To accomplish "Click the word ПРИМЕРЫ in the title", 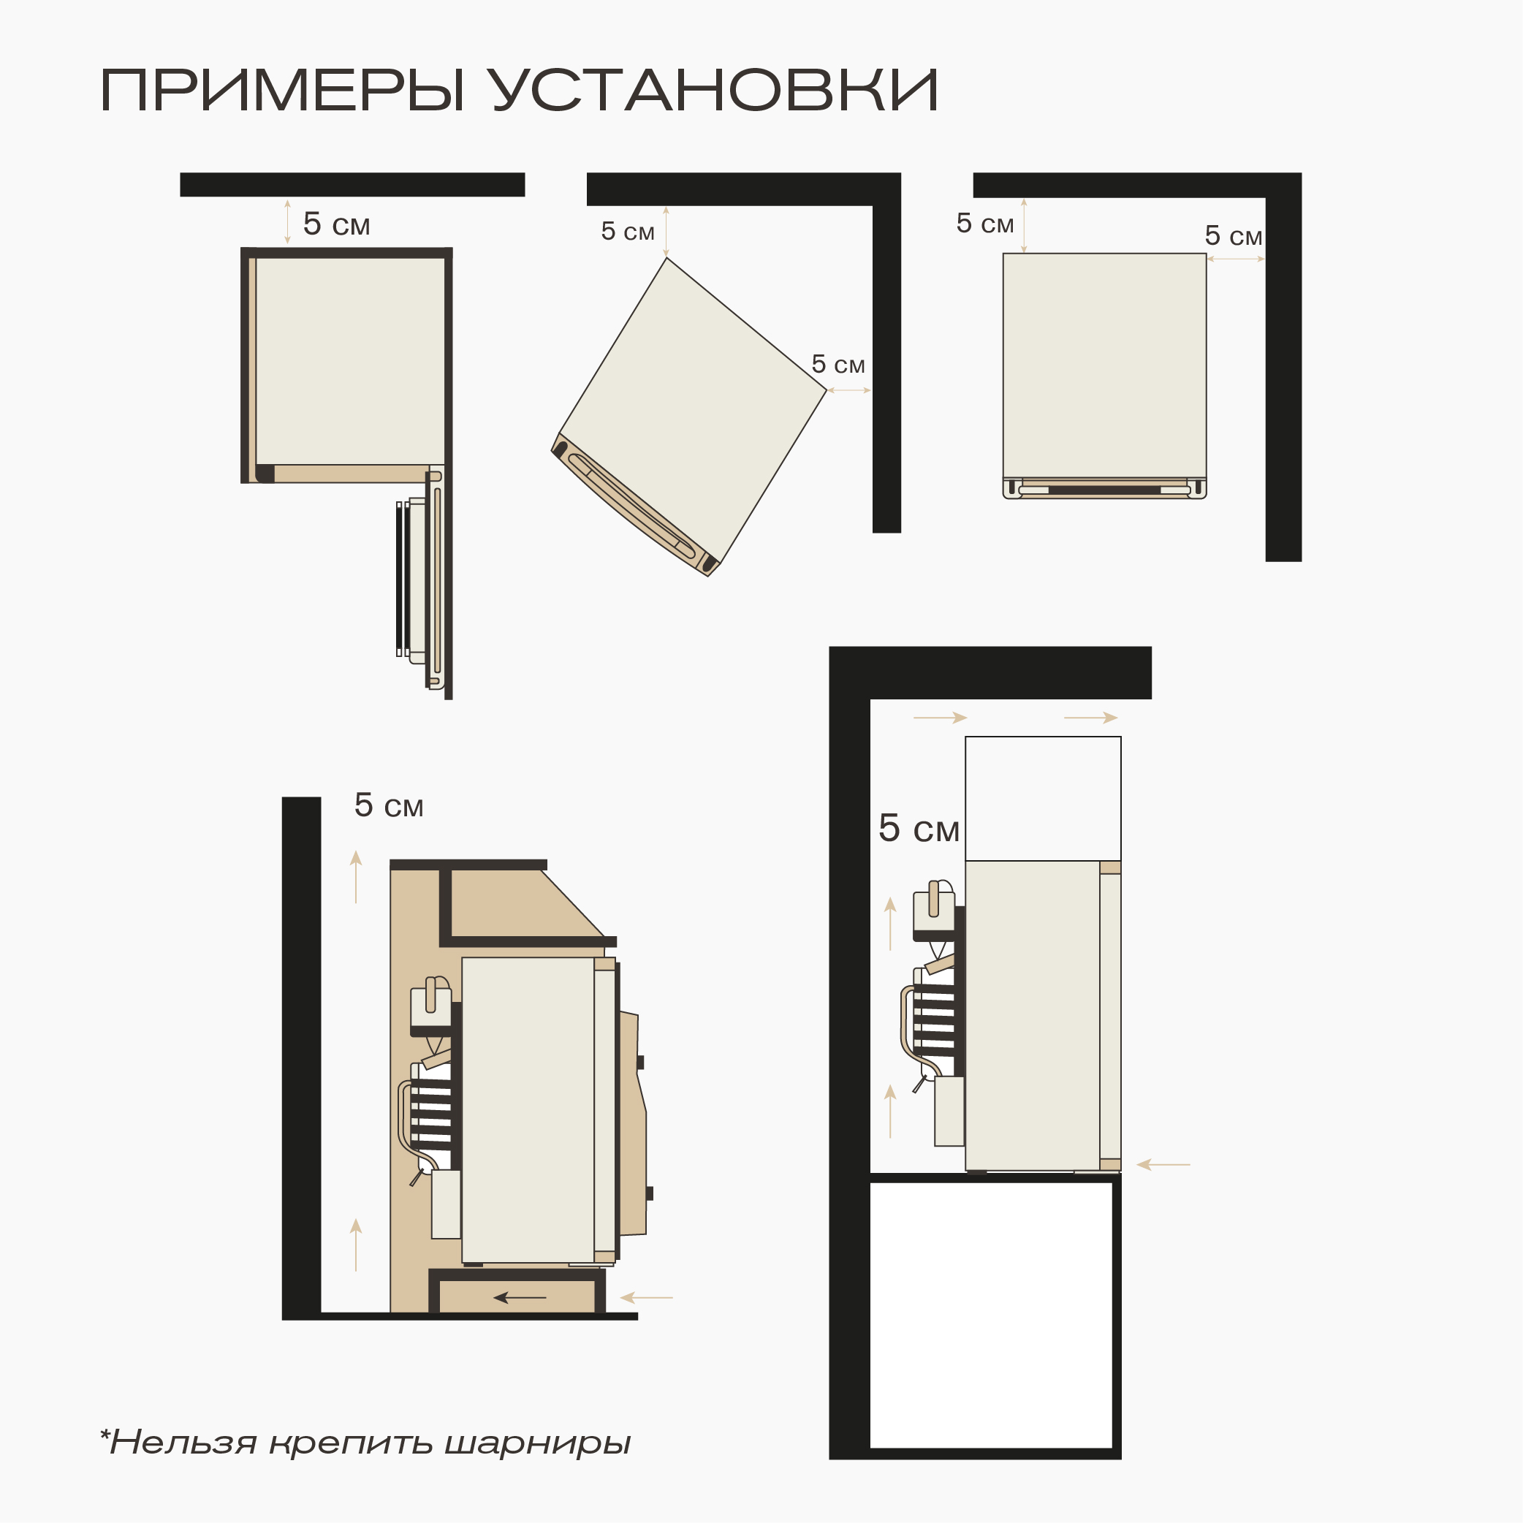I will [x=281, y=91].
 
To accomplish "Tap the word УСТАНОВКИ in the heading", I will [x=713, y=91].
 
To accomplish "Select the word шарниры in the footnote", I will [x=538, y=1443].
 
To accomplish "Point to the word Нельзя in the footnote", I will [x=183, y=1443].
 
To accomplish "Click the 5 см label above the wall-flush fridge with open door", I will [x=337, y=224].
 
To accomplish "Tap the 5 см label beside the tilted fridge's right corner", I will [x=838, y=364].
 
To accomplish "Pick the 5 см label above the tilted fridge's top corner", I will [x=628, y=231].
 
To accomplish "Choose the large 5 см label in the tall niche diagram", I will [x=919, y=829].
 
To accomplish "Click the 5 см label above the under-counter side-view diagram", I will [x=389, y=805].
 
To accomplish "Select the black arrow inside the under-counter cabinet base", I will [x=520, y=1297].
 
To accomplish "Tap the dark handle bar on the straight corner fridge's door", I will [x=1104, y=490].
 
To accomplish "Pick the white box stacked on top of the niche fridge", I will [x=1042, y=798].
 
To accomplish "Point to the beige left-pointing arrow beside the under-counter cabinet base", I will [x=647, y=1297].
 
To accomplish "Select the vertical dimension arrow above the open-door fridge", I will [x=287, y=222].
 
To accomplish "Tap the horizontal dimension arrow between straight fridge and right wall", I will [x=1235, y=259].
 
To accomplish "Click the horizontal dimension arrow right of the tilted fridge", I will [x=849, y=390].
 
